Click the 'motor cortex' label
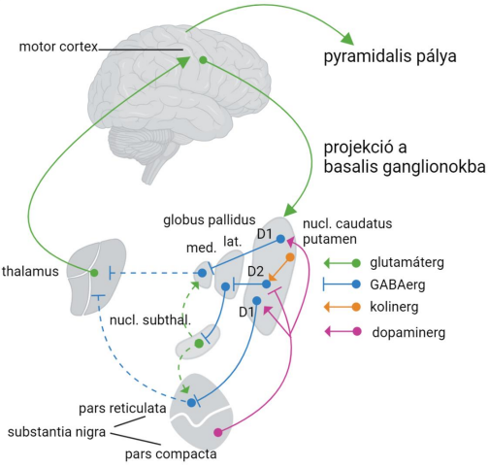[x=58, y=47]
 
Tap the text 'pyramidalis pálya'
[x=390, y=56]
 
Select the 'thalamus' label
[x=30, y=271]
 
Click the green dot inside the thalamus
[x=94, y=273]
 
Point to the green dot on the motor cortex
[x=203, y=60]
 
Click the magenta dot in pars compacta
[x=218, y=432]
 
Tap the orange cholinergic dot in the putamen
[x=290, y=257]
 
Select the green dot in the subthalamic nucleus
[x=199, y=344]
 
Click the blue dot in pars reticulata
[x=191, y=403]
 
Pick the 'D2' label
[x=256, y=272]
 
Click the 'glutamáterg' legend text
[x=407, y=263]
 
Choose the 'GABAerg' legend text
[x=398, y=285]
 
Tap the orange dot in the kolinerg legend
[x=356, y=307]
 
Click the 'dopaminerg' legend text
[x=408, y=333]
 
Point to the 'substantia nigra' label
[x=56, y=432]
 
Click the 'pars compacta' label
[x=171, y=454]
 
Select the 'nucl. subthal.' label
[x=150, y=320]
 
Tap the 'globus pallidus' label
[x=210, y=220]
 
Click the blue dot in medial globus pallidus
[x=202, y=273]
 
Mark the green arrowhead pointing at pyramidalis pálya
[x=347, y=39]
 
